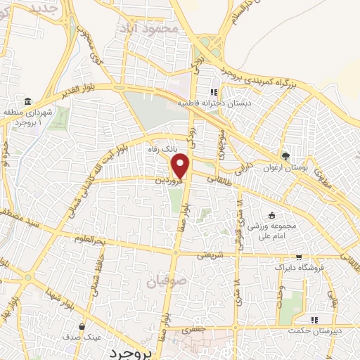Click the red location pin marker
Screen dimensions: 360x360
coord(181,166)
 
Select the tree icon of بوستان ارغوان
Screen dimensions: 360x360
coord(285,155)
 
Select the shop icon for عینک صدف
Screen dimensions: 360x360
coord(83,327)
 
